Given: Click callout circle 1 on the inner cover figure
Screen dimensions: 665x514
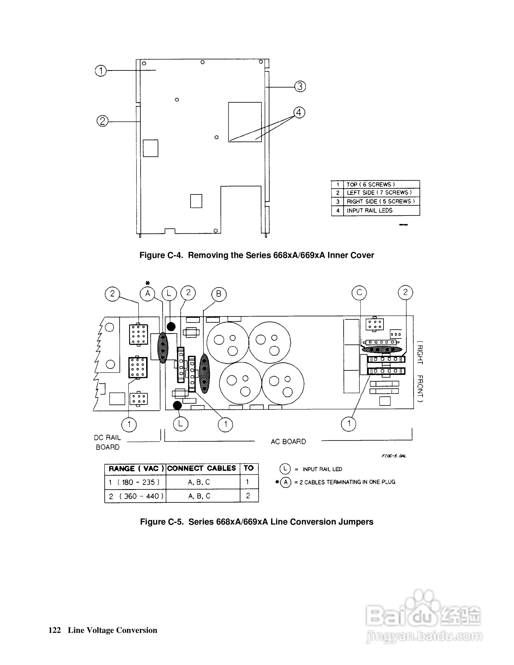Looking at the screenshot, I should point(101,71).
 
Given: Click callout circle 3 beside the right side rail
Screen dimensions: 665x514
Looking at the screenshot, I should point(300,86).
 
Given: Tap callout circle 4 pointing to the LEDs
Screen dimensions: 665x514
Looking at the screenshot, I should point(299,113).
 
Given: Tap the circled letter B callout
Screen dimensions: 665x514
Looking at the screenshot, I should point(219,294).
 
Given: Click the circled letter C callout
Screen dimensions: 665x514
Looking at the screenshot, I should point(359,293).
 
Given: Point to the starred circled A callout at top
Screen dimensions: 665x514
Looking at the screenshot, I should point(148,293).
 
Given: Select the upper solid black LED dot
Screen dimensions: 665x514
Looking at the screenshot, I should point(171,327).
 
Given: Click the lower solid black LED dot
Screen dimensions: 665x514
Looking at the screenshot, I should point(177,405).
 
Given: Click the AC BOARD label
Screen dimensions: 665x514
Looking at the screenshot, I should point(288,441).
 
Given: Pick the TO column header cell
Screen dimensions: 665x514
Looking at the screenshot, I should point(249,468).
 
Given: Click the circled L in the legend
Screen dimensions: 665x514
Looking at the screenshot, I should point(285,469).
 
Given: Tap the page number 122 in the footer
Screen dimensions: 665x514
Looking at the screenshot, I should point(55,630).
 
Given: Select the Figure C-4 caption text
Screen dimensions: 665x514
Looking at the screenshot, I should point(256,255).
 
